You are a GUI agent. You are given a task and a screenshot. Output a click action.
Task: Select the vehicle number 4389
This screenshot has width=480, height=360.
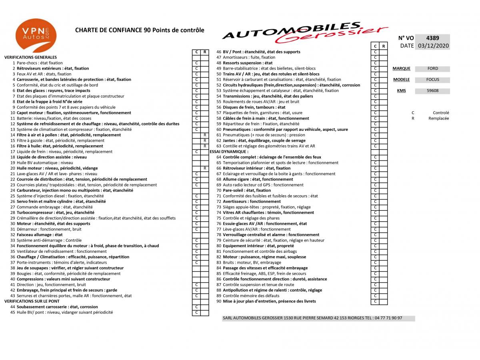click(433, 38)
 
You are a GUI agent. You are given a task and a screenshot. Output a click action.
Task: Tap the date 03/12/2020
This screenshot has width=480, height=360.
click(433, 46)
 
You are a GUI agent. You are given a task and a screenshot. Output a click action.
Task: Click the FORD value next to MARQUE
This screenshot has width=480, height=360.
click(432, 69)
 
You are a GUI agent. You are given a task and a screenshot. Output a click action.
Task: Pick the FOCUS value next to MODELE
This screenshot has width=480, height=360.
click(432, 80)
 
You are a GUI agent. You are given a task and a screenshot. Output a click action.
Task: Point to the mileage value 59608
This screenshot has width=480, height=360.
click(432, 91)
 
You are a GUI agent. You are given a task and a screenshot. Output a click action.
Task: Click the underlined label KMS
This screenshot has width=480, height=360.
click(401, 91)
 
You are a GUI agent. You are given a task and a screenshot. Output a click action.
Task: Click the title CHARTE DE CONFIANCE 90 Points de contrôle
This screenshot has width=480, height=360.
click(140, 30)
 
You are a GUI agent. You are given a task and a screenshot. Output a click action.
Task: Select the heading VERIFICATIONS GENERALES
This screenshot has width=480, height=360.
click(30, 57)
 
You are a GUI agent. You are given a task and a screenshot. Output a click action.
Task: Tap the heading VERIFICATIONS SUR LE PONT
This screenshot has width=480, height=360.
click(32, 301)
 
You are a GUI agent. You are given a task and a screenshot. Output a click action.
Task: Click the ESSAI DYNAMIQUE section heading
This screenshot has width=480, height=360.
click(229, 152)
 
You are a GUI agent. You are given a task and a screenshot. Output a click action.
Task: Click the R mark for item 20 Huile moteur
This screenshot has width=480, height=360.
click(205, 168)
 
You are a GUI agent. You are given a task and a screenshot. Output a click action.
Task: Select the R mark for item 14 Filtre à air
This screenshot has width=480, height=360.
click(205, 135)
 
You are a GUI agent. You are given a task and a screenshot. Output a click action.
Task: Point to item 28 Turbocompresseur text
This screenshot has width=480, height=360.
click(55, 213)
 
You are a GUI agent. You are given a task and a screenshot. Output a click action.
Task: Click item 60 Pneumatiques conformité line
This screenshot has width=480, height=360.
click(285, 130)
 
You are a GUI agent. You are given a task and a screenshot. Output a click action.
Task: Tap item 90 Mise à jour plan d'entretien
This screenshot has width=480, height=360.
click(269, 301)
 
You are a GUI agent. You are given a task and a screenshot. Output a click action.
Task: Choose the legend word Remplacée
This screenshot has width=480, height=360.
click(438, 118)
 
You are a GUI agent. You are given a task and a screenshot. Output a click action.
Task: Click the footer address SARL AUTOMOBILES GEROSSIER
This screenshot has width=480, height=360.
click(312, 318)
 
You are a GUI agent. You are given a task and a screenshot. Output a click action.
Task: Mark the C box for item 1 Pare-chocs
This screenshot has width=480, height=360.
click(196, 63)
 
